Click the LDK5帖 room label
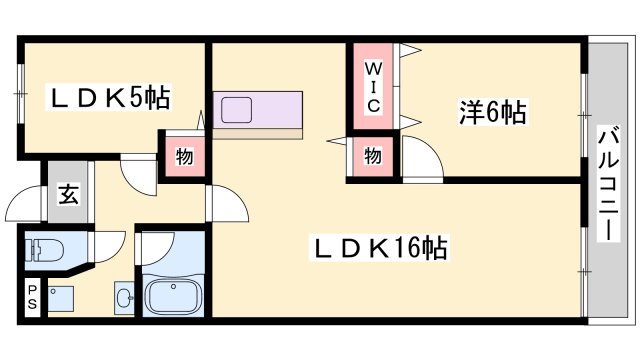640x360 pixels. click(x=111, y=98)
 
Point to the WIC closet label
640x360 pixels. click(x=372, y=86)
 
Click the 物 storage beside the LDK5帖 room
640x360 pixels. click(x=185, y=156)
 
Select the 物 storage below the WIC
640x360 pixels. click(x=372, y=157)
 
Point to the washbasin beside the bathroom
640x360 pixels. click(x=124, y=297)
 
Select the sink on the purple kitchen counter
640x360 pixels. click(x=239, y=108)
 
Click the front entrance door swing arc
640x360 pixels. click(x=24, y=207)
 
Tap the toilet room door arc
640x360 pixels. click(x=108, y=244)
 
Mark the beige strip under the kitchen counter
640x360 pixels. click(x=255, y=131)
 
